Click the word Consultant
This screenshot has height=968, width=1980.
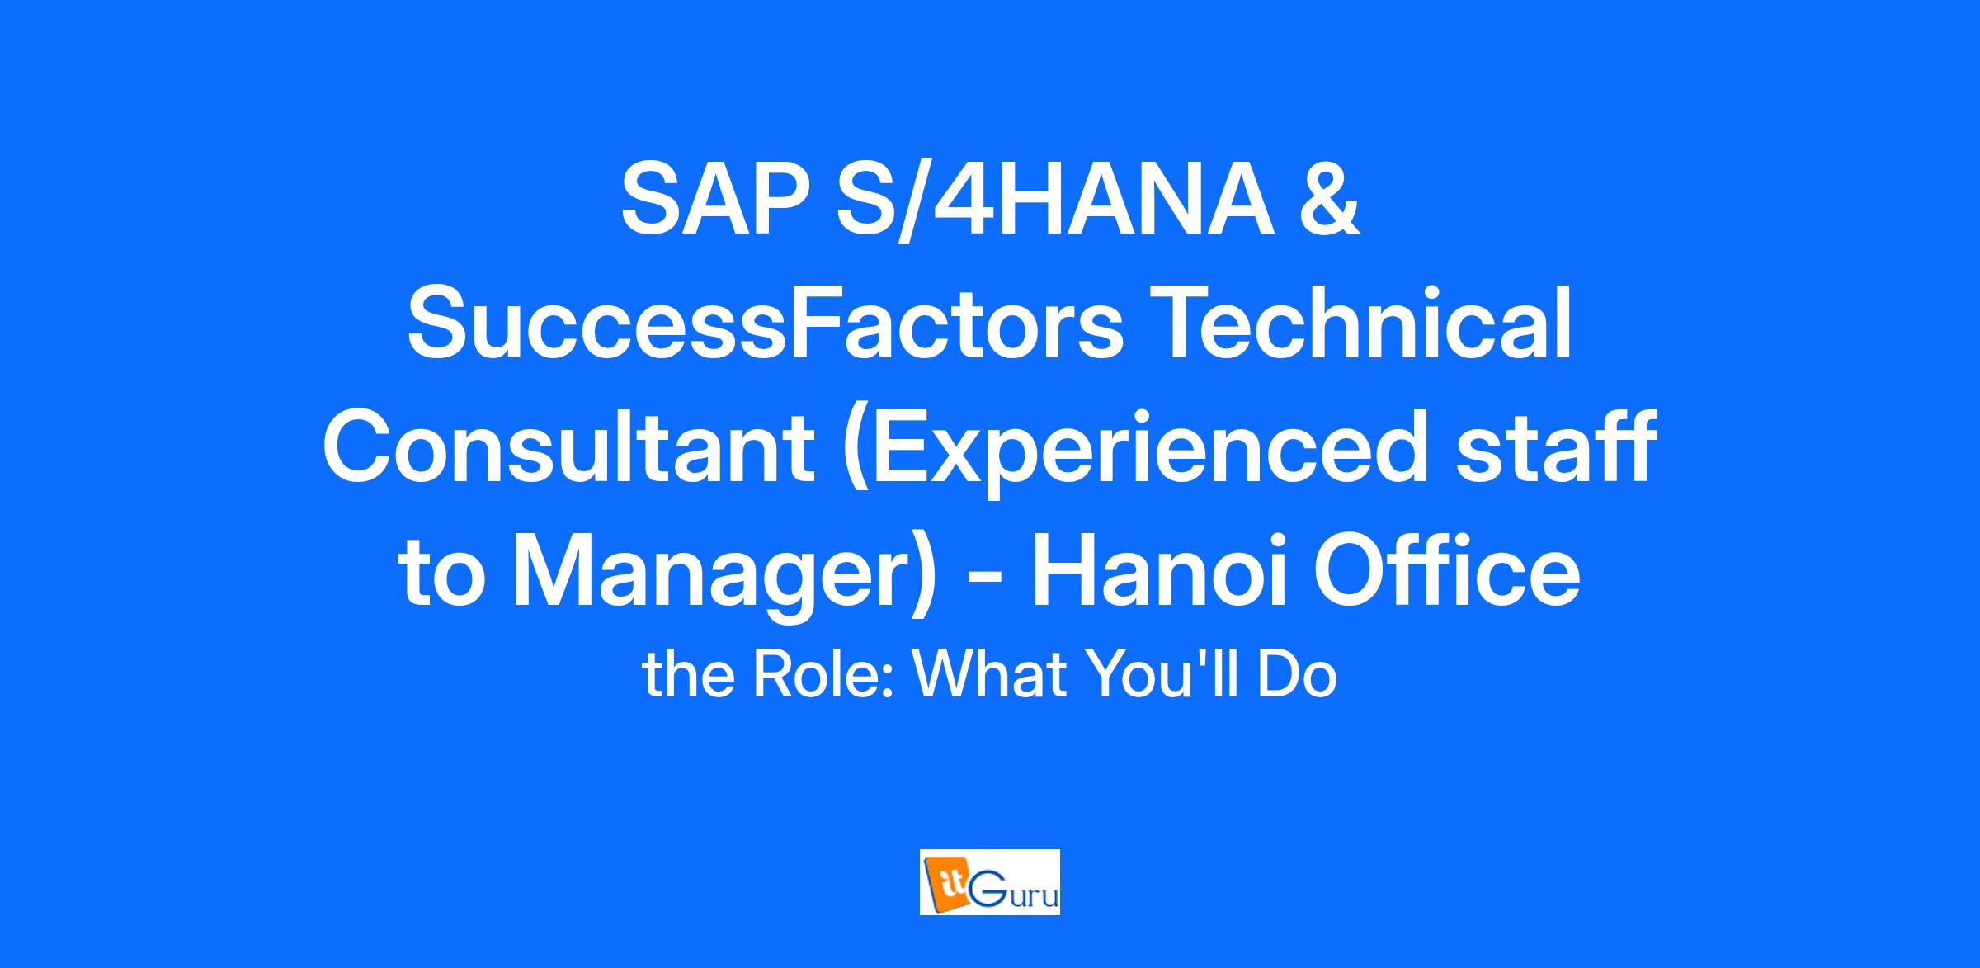(x=568, y=450)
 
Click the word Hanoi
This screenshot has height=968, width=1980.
(x=1159, y=574)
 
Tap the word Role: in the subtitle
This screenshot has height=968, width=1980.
(x=822, y=675)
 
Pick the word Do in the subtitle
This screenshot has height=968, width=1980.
(x=1299, y=675)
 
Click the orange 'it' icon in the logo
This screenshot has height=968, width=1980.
(x=941, y=882)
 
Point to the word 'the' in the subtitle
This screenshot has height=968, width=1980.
(x=688, y=675)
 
